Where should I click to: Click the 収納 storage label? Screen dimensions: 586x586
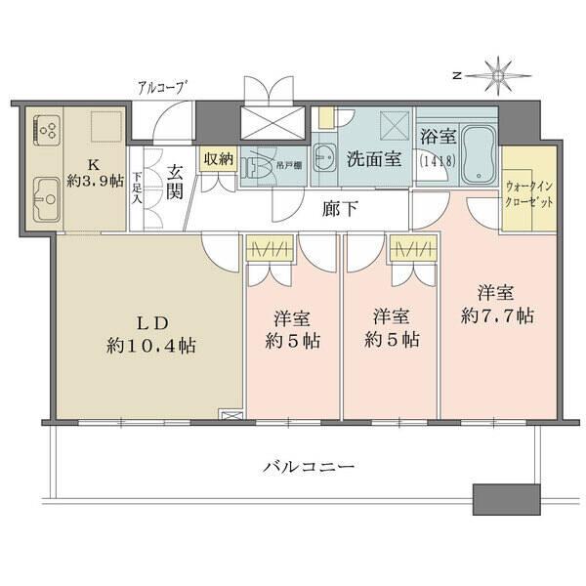[217, 158]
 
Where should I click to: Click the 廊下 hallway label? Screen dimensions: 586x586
[340, 207]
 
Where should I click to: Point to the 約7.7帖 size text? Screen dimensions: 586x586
[497, 315]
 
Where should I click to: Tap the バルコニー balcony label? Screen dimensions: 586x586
[309, 465]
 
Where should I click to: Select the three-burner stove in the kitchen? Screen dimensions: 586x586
[46, 131]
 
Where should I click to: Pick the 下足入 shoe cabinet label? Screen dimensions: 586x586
[138, 184]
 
